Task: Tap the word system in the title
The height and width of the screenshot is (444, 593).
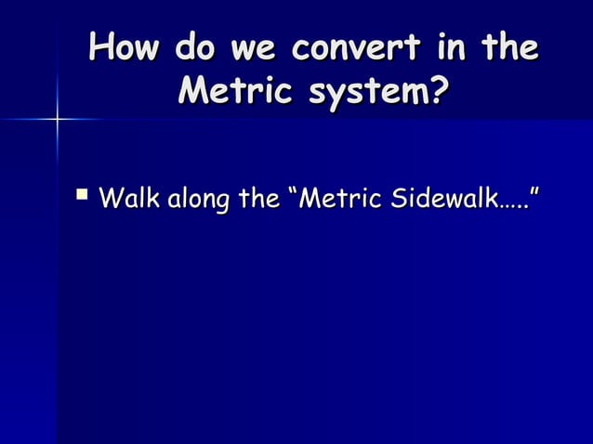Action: pos(365,93)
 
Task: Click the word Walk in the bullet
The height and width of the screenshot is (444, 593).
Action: pos(121,199)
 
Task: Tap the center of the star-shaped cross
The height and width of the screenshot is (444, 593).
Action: pos(57,120)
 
